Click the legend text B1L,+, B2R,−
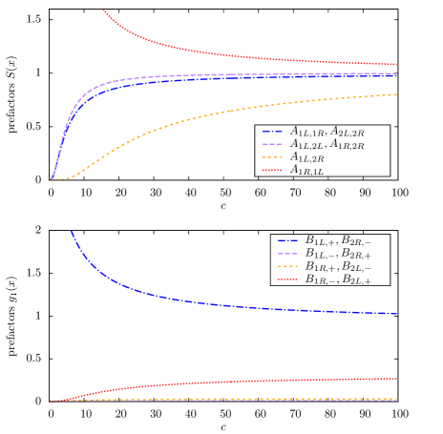[x=338, y=241]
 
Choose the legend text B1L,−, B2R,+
[x=338, y=254]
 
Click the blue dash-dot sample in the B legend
[x=287, y=241]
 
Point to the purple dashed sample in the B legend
[x=287, y=254]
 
